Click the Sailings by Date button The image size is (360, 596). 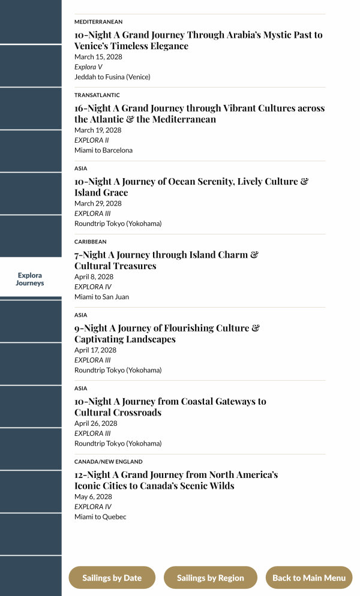[112, 578]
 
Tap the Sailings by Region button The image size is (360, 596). [210, 578]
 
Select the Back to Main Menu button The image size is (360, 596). [309, 578]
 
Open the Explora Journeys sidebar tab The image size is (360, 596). [30, 279]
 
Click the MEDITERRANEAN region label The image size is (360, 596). [98, 22]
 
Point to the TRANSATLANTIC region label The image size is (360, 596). [97, 95]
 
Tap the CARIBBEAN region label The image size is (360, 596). [91, 242]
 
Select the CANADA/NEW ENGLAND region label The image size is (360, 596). [109, 462]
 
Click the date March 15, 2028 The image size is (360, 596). [98, 57]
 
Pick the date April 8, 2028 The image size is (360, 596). [94, 277]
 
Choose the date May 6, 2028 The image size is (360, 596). [93, 496]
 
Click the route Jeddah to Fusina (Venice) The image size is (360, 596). [112, 77]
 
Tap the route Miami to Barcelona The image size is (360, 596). [103, 150]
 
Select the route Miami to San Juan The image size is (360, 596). [101, 297]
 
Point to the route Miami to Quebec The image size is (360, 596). [100, 516]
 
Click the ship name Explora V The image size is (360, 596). [88, 67]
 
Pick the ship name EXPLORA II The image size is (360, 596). [92, 140]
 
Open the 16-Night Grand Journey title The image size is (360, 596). [199, 114]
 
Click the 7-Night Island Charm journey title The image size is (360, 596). [166, 260]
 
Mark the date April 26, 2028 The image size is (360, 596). [96, 423]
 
